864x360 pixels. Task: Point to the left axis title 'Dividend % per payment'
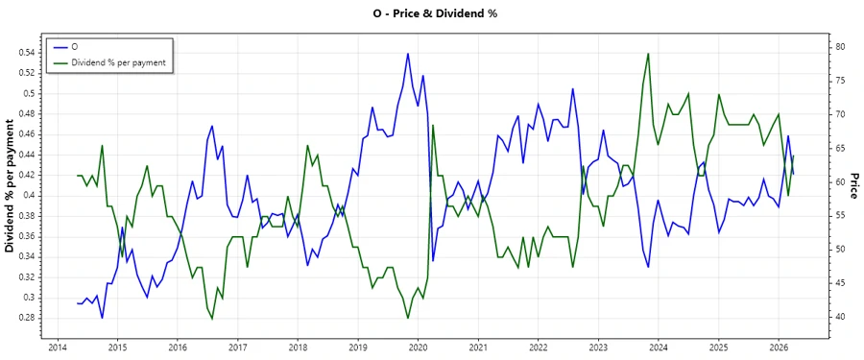click(x=11, y=186)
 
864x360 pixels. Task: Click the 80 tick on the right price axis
click(x=838, y=46)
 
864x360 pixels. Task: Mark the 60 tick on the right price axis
click(x=838, y=181)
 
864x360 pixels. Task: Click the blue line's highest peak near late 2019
click(x=408, y=54)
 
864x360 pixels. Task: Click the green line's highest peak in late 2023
click(x=649, y=54)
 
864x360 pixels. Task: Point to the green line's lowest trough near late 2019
click(x=408, y=318)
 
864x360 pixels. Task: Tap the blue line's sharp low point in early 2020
click(x=433, y=260)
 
